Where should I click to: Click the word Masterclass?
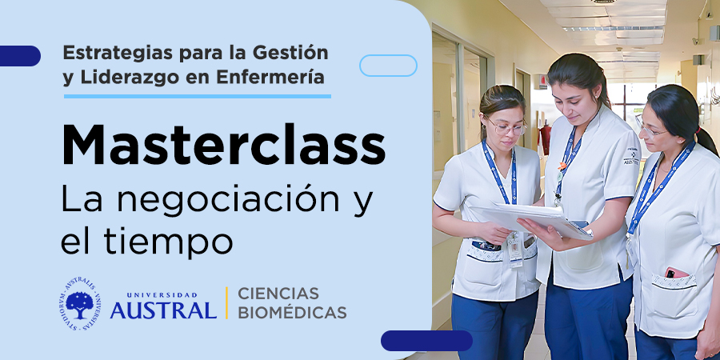(224, 144)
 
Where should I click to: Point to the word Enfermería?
(270, 77)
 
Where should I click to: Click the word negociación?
(228, 200)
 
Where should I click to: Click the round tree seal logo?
(80, 303)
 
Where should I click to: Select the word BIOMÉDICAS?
(292, 313)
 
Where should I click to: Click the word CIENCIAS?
(278, 293)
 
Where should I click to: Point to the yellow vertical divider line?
(226, 302)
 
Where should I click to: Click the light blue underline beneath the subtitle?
(198, 97)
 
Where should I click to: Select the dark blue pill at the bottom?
(426, 341)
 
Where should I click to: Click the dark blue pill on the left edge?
(20, 56)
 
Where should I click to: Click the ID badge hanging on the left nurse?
(515, 250)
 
